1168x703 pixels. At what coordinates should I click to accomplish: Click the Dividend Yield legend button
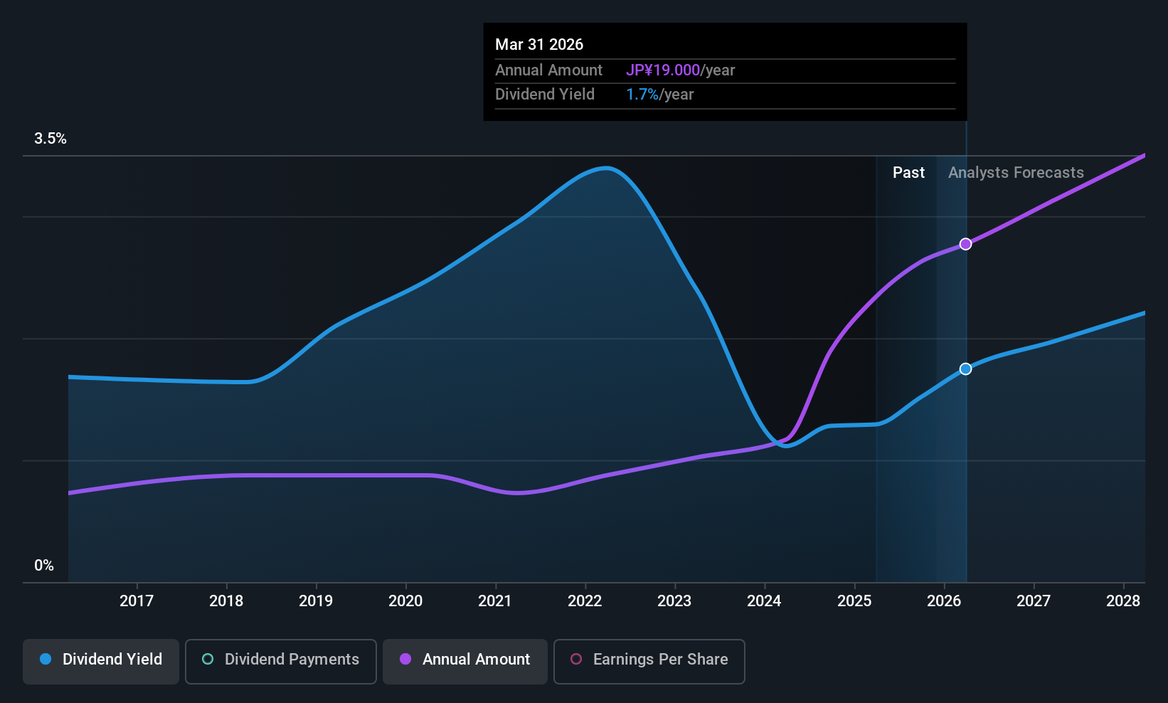(x=101, y=660)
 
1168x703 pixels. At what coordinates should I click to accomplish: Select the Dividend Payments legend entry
(x=280, y=660)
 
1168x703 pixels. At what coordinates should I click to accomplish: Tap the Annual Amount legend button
(x=465, y=660)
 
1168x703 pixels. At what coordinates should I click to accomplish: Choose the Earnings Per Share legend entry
(x=649, y=660)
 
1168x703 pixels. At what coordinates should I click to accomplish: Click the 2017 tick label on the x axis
(x=137, y=601)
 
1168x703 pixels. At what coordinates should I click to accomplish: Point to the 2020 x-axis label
(x=405, y=601)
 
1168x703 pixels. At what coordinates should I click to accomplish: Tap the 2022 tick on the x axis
(x=585, y=601)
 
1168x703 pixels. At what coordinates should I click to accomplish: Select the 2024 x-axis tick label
(x=764, y=601)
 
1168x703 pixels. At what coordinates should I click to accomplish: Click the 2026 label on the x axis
(x=944, y=601)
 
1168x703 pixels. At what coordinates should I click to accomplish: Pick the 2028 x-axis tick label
(x=1123, y=601)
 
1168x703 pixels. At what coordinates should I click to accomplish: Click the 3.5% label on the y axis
(x=51, y=139)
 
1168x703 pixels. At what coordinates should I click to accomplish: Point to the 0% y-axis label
(x=44, y=566)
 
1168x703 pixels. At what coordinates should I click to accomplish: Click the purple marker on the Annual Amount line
(x=965, y=244)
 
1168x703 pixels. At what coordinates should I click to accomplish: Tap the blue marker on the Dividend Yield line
(x=965, y=369)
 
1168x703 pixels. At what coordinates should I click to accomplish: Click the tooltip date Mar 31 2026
(x=539, y=45)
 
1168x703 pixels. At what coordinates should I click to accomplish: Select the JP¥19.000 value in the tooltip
(x=663, y=70)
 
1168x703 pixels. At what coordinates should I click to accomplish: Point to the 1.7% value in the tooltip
(x=642, y=95)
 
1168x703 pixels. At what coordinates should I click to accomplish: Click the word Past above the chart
(x=908, y=173)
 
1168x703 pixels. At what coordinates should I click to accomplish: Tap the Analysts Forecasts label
(x=1016, y=173)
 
